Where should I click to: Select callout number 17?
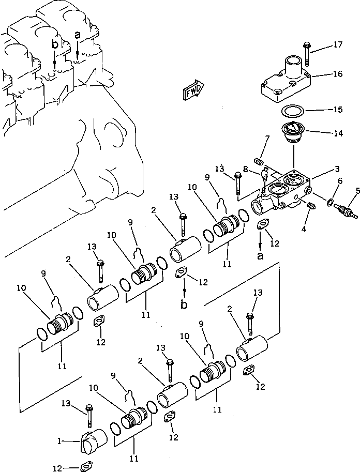[338, 44]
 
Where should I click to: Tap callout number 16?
[337, 74]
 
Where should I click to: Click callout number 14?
[337, 133]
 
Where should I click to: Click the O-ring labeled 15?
[293, 111]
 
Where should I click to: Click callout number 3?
[337, 169]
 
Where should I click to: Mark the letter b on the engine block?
[54, 45]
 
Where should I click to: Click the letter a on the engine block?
[78, 35]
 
